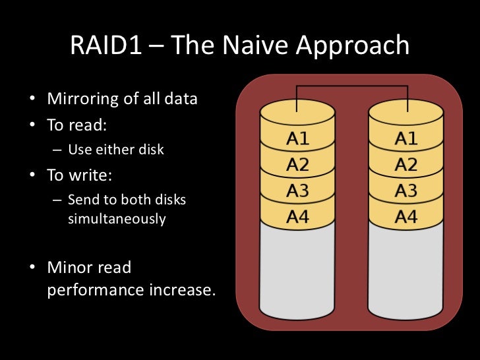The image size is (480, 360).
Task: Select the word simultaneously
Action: [117, 218]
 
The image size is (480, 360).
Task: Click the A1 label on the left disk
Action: [297, 140]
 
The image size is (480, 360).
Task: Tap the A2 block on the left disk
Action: [297, 165]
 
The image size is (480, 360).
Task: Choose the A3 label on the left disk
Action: [297, 191]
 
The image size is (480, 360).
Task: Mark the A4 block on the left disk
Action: [297, 216]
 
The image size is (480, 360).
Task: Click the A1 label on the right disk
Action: [405, 140]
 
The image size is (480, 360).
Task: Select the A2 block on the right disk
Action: [405, 165]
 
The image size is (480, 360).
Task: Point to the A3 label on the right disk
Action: [405, 191]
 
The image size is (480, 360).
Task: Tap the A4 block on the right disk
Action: [405, 216]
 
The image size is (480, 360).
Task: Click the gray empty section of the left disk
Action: [297, 270]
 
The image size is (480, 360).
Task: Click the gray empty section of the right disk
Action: [405, 270]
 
